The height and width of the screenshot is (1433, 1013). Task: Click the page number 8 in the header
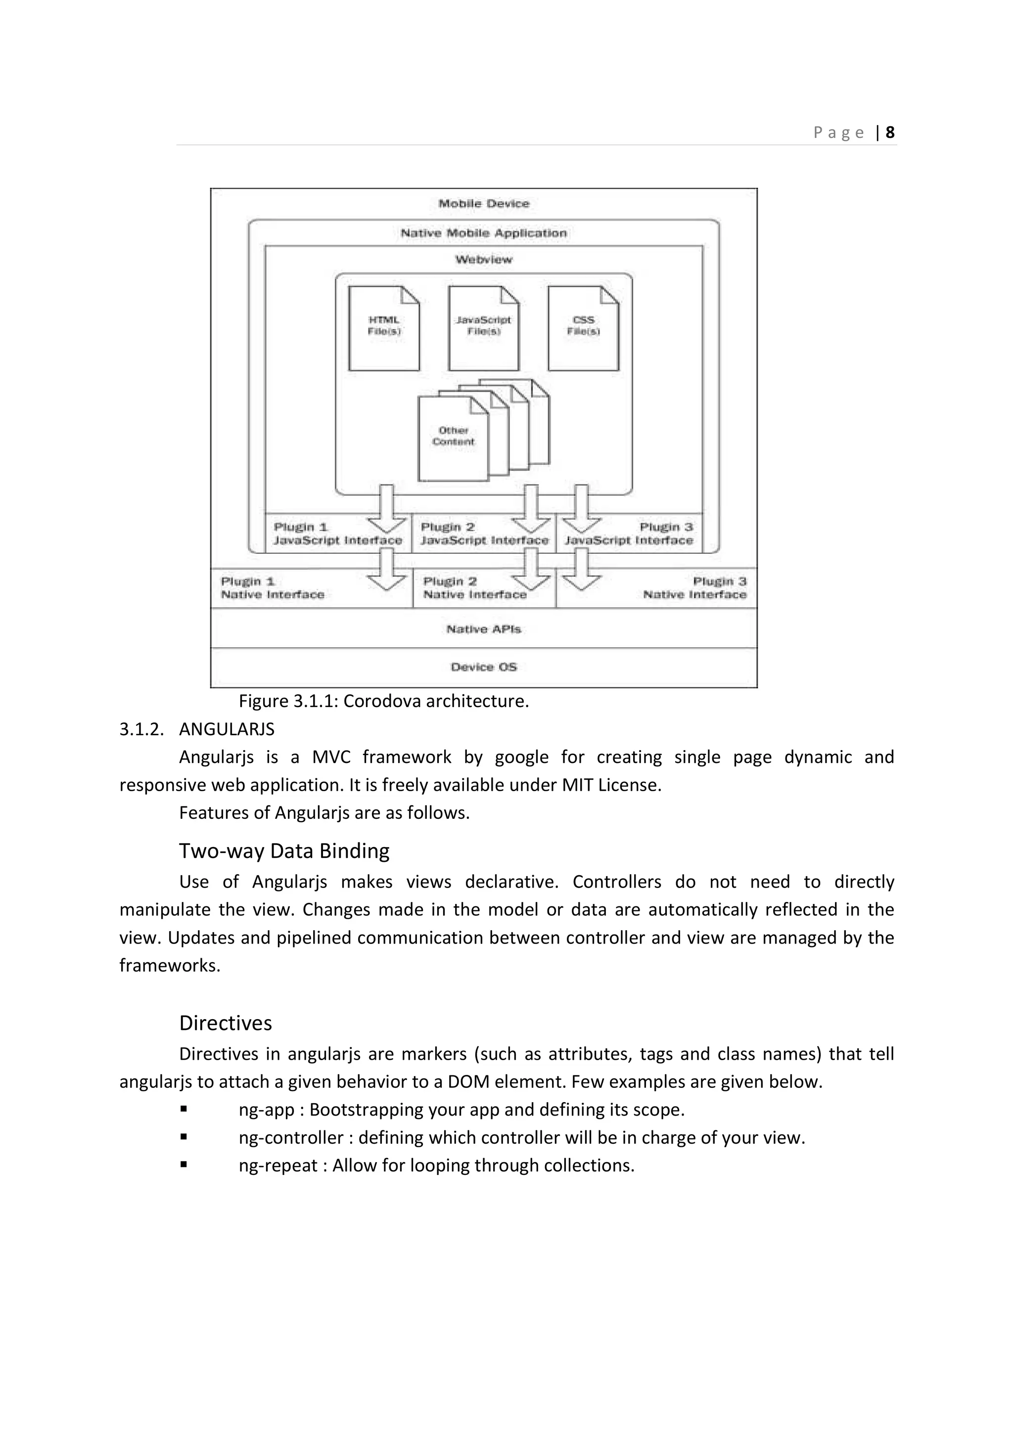click(890, 133)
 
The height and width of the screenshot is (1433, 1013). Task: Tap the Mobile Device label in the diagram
click(484, 203)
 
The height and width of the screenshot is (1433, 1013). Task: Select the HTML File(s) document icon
click(384, 328)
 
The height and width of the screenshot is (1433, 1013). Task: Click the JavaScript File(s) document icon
click(484, 328)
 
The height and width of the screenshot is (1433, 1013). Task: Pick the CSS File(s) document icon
click(583, 328)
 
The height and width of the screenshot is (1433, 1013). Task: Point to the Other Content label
click(454, 436)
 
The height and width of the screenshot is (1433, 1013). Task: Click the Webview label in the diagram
click(484, 260)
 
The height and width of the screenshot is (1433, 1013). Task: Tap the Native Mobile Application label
click(484, 233)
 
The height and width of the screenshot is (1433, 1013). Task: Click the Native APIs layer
click(484, 629)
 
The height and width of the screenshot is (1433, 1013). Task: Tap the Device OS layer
click(484, 667)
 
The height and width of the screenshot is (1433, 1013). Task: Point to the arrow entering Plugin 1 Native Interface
click(387, 572)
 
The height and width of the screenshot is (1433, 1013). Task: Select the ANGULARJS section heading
click(227, 729)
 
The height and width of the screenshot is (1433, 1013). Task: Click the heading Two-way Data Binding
click(284, 851)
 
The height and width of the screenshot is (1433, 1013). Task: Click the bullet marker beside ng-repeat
click(184, 1164)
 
